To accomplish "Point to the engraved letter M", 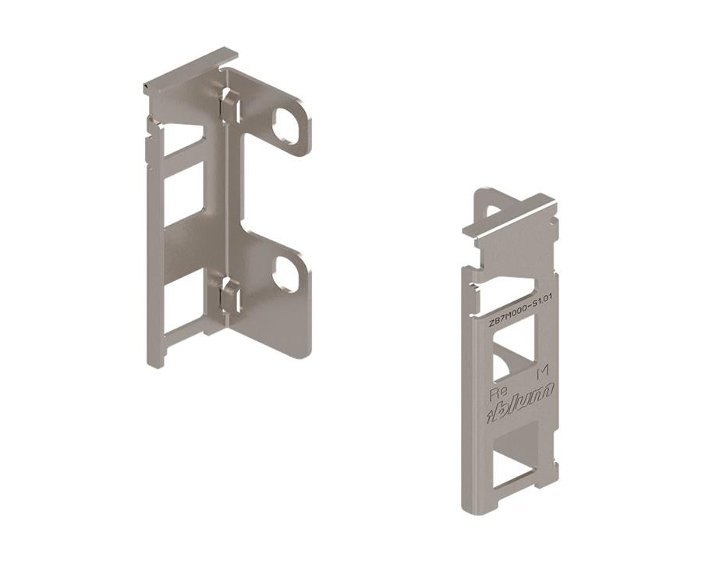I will [x=544, y=371].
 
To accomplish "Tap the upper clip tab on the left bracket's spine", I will [x=229, y=106].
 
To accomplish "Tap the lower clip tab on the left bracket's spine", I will [x=228, y=297].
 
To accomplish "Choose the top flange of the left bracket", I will [x=191, y=72].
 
